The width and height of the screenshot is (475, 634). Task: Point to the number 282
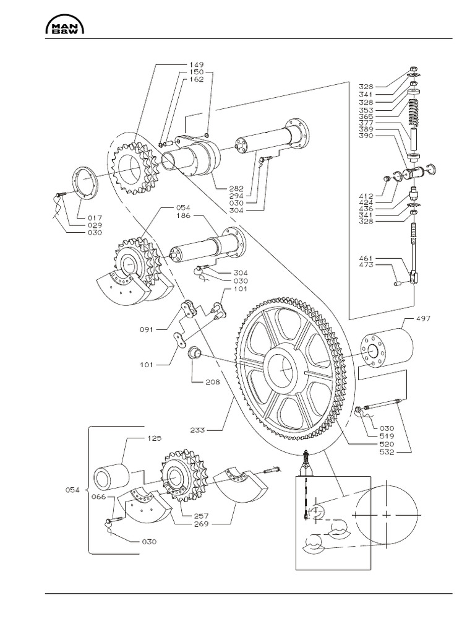click(237, 188)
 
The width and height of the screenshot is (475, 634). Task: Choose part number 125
click(153, 438)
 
